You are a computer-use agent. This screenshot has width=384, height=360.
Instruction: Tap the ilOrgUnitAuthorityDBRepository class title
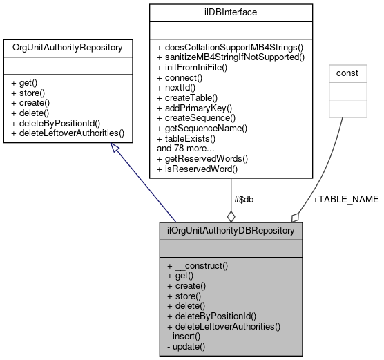pos(231,229)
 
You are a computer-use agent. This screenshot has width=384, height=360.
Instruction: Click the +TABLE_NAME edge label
pos(345,199)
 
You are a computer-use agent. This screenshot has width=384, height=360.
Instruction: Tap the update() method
pos(189,345)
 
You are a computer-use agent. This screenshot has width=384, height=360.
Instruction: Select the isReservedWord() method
pos(198,168)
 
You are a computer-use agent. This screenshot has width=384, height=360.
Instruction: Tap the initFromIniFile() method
pos(196,68)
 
